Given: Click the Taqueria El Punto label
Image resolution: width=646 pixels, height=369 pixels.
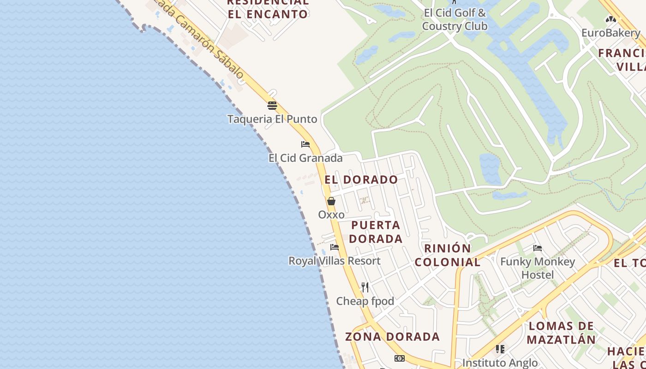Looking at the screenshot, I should [x=272, y=119].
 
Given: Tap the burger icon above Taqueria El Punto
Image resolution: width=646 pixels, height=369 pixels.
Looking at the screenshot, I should [x=272, y=106].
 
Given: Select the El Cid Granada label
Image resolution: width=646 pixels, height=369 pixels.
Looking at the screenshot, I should [x=305, y=158].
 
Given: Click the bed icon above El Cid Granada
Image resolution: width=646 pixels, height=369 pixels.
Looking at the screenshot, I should [x=305, y=144].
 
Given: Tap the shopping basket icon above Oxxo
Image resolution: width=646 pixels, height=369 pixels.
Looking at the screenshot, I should [x=331, y=201].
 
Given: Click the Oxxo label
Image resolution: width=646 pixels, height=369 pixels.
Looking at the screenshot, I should [x=331, y=214].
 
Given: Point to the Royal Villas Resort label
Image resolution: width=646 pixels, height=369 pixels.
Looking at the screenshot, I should [x=335, y=261].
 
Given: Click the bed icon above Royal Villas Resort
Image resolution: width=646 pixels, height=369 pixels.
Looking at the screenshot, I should [x=335, y=248].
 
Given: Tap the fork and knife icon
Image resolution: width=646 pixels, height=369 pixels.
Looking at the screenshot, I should [x=365, y=287].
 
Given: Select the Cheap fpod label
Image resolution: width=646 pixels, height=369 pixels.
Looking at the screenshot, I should [x=365, y=301].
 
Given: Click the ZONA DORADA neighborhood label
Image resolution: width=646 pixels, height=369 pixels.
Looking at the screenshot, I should [x=392, y=337].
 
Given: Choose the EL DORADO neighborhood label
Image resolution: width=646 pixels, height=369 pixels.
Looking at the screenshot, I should [x=361, y=180].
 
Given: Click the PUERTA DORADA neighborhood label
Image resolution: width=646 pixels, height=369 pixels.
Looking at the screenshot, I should [x=376, y=232].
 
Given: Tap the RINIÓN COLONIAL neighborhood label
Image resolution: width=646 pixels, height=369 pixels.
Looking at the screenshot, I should [x=447, y=255].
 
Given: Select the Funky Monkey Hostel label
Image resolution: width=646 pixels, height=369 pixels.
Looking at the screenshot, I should [x=538, y=268].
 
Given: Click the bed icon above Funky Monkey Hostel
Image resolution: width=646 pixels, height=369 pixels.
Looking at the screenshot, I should [x=538, y=248].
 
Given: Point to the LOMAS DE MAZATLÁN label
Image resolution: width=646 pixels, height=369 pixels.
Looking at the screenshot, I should [x=561, y=333].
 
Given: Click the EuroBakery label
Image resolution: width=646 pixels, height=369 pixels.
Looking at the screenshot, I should [x=611, y=33].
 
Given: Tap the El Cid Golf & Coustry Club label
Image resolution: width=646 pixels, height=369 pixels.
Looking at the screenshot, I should [x=455, y=19].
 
